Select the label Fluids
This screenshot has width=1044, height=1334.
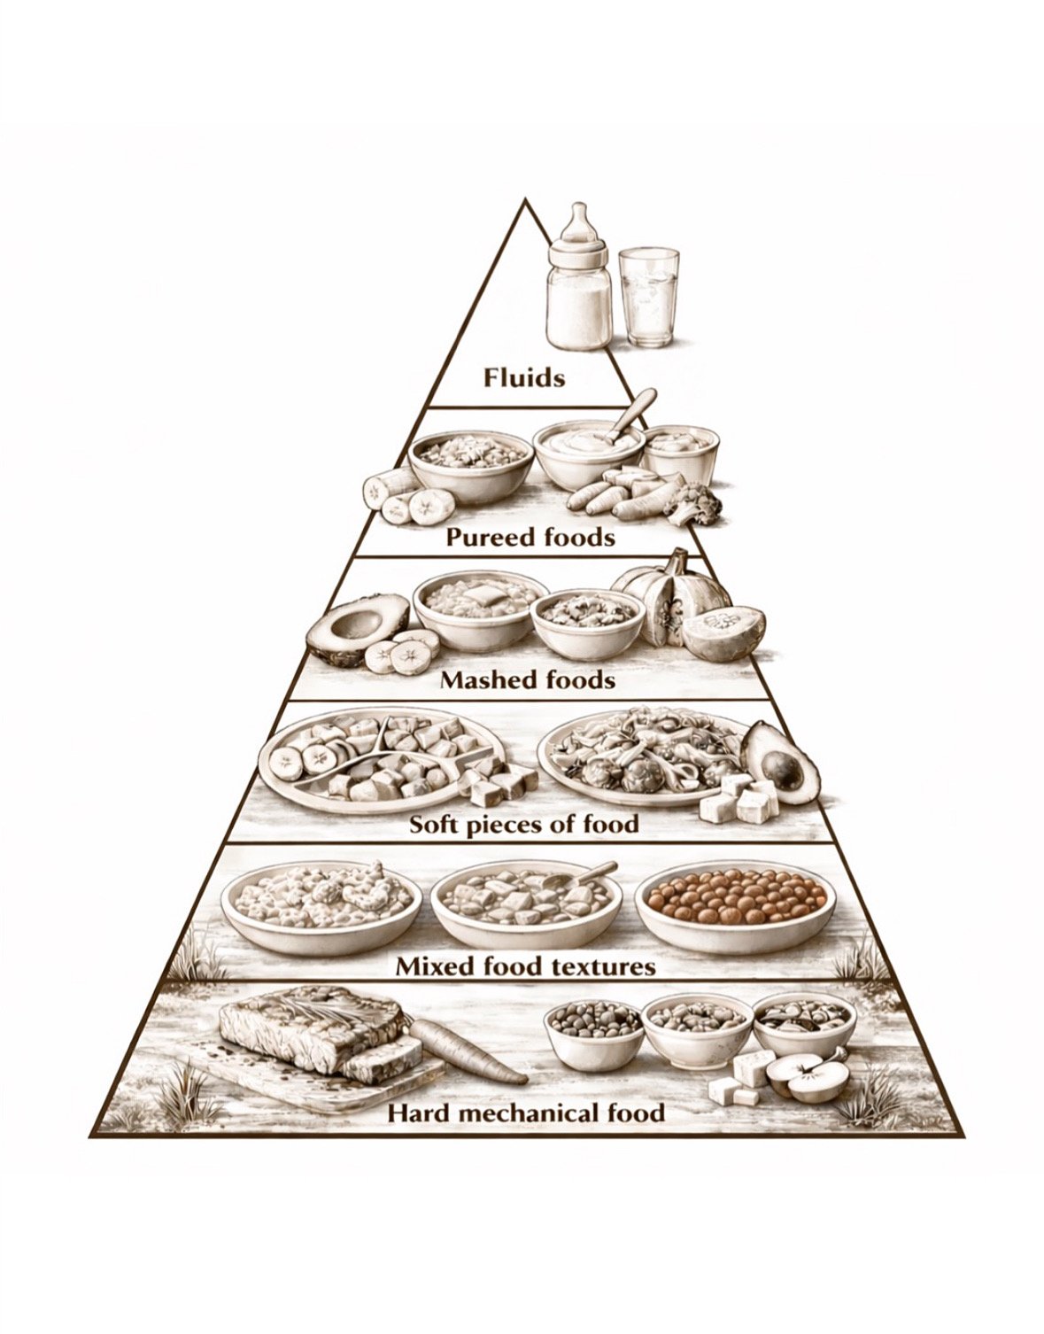point(523,378)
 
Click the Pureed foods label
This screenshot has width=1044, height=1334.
point(530,537)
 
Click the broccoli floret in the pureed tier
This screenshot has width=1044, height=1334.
point(695,503)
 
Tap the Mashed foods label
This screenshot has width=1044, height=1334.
point(527,679)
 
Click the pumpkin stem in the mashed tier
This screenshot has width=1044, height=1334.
point(677,562)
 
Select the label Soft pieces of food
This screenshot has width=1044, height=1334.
point(523,824)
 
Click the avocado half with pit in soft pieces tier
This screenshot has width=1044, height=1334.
point(780,762)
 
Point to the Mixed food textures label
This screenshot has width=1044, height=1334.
point(525,965)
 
